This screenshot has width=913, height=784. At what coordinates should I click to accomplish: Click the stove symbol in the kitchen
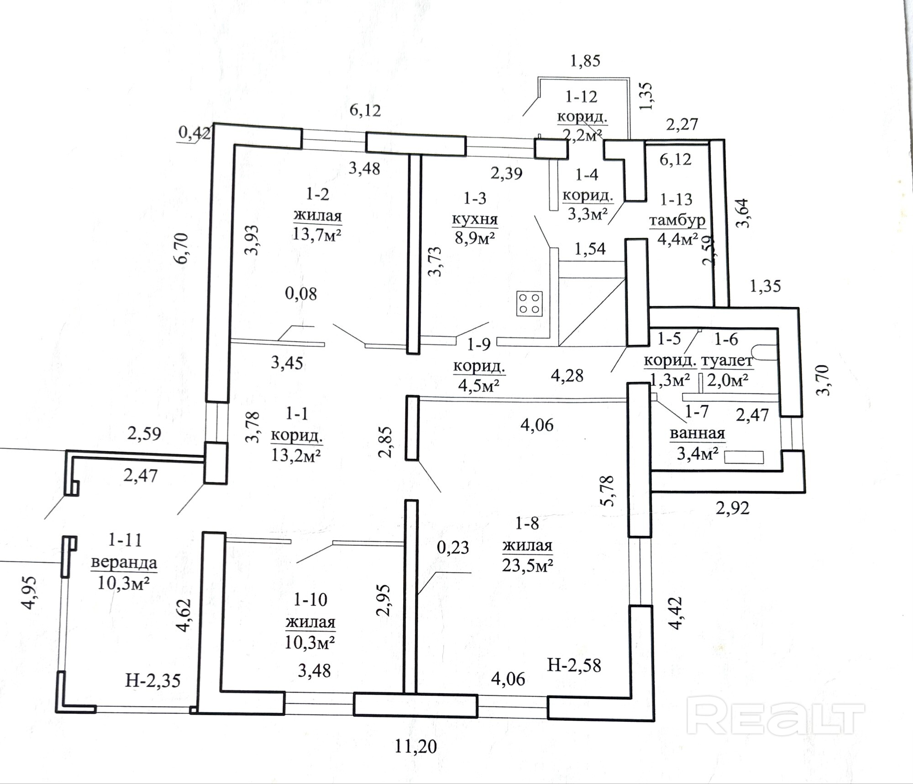click(530, 303)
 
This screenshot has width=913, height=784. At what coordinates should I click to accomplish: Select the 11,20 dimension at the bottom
click(416, 747)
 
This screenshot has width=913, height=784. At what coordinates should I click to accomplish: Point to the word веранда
click(124, 562)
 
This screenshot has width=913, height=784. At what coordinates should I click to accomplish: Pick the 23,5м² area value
click(528, 566)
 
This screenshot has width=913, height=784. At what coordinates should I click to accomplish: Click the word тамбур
click(677, 220)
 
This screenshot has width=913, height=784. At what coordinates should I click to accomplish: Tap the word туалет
click(727, 361)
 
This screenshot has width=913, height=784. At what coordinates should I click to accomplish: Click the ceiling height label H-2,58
click(574, 666)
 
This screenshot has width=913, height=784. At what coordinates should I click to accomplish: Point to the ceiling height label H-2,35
click(153, 681)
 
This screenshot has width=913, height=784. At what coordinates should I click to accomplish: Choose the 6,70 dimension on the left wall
click(182, 248)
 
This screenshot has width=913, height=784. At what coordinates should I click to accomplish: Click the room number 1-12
click(581, 97)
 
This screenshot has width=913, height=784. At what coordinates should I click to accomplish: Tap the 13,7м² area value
click(318, 235)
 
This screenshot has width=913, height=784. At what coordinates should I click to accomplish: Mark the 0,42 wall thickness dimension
click(194, 133)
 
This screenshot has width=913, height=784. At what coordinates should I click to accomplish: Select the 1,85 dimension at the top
click(585, 61)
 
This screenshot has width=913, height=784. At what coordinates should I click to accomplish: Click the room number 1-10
click(310, 600)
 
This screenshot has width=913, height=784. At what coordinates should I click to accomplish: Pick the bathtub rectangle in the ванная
click(744, 457)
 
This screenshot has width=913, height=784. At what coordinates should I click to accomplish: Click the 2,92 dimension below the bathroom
click(733, 508)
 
